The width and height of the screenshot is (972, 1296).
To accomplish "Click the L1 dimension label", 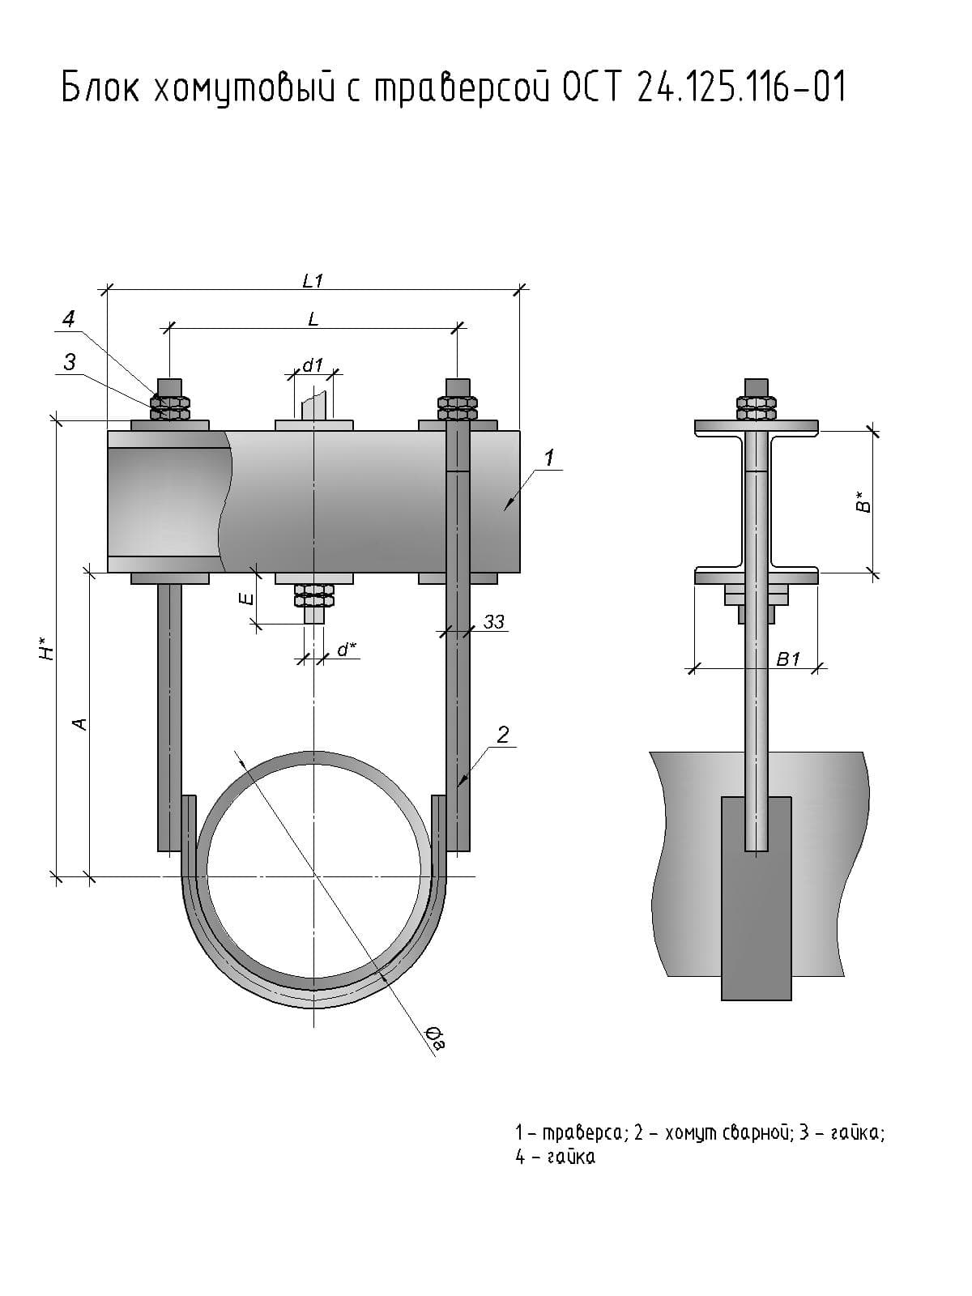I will [x=313, y=281].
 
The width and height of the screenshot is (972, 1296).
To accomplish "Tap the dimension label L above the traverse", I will [x=313, y=319].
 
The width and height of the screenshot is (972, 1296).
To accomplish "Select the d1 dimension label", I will [x=313, y=365].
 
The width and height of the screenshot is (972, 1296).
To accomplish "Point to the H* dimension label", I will [x=48, y=648].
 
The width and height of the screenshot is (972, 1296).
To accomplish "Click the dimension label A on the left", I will [x=79, y=723].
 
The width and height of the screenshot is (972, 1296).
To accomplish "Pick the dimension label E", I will [x=246, y=599].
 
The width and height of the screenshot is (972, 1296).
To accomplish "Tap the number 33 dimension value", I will [x=493, y=621].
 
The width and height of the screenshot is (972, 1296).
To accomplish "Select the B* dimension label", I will [x=863, y=502].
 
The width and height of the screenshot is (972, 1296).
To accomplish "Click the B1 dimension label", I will [x=787, y=659].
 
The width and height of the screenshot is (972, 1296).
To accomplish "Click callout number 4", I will [x=69, y=318].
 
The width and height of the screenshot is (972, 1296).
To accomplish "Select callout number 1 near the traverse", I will [x=548, y=458].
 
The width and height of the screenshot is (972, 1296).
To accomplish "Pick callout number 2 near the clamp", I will [x=503, y=735].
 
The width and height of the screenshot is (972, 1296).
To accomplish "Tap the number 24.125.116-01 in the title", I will [x=741, y=87].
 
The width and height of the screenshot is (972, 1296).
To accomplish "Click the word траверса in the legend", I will [x=582, y=1132].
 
